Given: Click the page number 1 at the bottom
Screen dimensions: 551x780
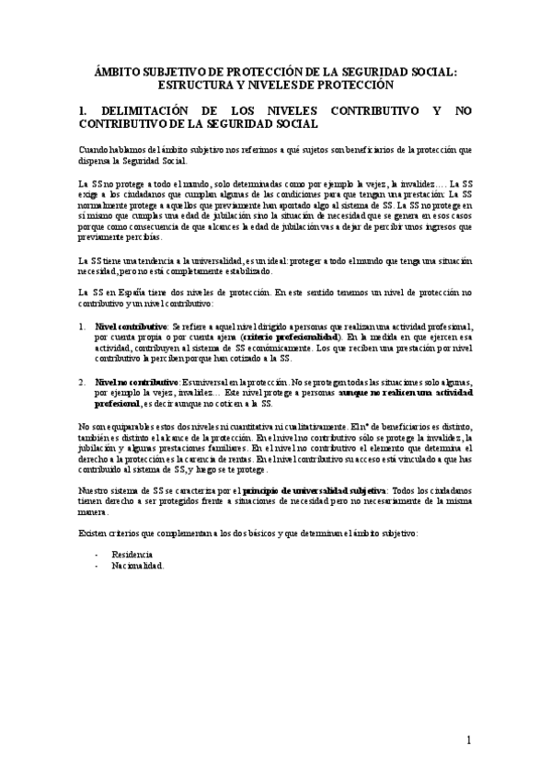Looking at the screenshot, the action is coord(468,740).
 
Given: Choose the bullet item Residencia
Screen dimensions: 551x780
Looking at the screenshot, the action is coord(132,555).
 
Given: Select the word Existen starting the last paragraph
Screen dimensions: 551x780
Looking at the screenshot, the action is coord(93,533).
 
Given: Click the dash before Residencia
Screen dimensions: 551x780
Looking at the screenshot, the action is coord(96,555).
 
